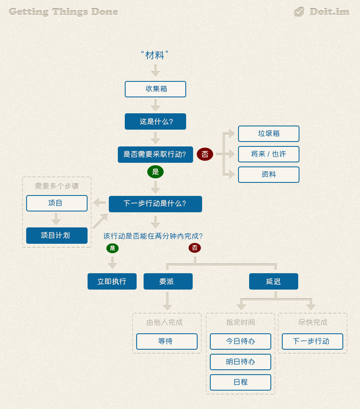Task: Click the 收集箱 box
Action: click(155, 89)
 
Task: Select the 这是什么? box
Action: click(155, 121)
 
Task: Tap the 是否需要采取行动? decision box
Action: click(155, 155)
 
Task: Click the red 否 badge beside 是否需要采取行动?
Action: click(205, 154)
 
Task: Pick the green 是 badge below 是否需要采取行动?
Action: click(155, 172)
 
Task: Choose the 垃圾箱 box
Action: click(269, 134)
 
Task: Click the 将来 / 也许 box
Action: click(269, 154)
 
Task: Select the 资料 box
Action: click(269, 175)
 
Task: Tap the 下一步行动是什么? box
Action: click(155, 204)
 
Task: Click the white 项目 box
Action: click(57, 203)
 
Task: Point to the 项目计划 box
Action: click(57, 236)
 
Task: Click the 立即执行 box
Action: click(112, 281)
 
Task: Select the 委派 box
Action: click(168, 281)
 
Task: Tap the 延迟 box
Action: click(274, 281)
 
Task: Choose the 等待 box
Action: click(167, 342)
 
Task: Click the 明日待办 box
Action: click(241, 362)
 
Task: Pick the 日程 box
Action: click(241, 382)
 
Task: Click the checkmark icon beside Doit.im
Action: click(299, 12)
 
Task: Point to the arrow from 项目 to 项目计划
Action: click(56, 219)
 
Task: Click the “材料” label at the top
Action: click(155, 55)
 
